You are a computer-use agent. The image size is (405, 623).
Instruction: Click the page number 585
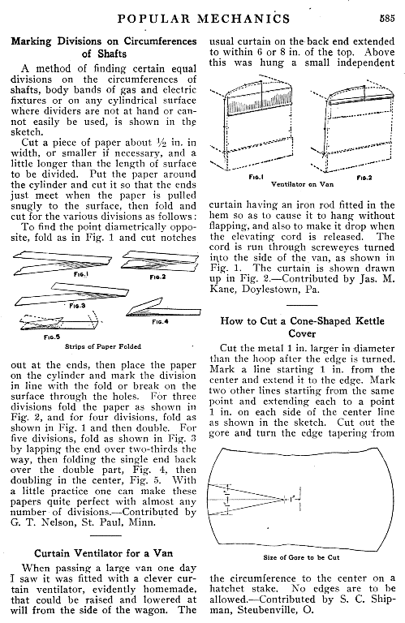[x=386, y=19]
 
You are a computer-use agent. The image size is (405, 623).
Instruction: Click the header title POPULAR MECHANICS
[x=204, y=19]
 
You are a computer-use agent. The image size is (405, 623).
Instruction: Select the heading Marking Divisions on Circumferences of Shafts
[x=104, y=47]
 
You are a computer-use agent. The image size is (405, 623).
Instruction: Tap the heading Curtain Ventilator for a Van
[x=103, y=553]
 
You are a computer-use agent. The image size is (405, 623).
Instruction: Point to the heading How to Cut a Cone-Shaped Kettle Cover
[x=303, y=327]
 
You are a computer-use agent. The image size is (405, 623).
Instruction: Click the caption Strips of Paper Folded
[x=103, y=346]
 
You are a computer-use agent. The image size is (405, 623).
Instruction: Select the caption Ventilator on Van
[x=303, y=184]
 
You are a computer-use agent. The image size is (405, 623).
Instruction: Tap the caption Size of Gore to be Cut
[x=301, y=557]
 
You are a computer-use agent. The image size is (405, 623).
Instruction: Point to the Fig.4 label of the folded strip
[x=160, y=321]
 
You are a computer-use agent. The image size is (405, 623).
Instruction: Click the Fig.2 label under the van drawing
[x=364, y=178]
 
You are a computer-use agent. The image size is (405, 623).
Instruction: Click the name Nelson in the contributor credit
[x=52, y=522]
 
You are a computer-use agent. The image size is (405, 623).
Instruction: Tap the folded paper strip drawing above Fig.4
[x=164, y=307]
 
